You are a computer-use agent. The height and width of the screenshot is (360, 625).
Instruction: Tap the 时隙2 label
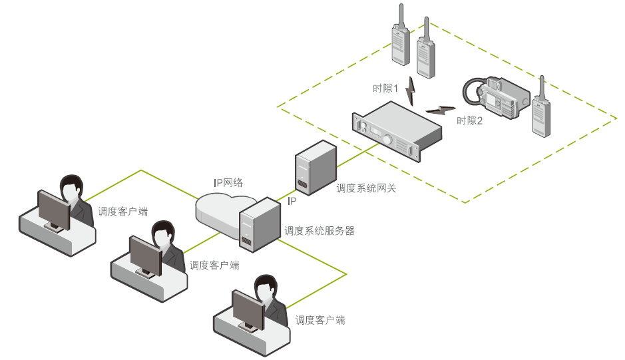coord(469,121)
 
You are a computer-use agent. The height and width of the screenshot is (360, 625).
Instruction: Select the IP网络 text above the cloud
coord(228,182)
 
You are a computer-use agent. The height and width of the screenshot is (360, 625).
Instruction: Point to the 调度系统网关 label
coord(366,188)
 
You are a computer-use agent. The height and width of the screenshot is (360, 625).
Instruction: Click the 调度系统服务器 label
coord(319,231)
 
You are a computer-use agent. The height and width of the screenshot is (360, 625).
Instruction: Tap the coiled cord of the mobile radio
coord(471,93)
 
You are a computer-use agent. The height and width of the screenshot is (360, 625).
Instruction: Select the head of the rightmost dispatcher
coord(264,289)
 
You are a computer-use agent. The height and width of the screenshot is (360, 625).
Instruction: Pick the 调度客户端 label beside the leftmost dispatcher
coord(122,212)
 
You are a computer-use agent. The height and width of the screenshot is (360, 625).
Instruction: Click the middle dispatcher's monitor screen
coord(146,255)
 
